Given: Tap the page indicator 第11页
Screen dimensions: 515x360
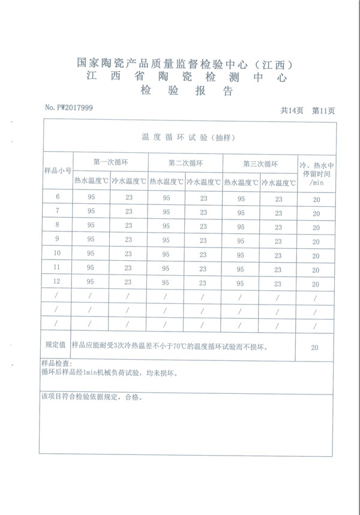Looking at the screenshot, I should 323,110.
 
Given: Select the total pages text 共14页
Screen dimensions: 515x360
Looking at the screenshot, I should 292,110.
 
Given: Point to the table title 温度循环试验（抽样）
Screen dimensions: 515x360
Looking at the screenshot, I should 187,137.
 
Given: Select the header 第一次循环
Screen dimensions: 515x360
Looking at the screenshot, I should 110,162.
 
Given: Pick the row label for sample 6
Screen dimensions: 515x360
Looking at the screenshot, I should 58,197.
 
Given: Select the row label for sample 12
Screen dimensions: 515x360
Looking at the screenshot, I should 58,281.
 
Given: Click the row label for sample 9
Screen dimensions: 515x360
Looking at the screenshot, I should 58,239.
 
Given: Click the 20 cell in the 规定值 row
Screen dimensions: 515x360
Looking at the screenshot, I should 315,347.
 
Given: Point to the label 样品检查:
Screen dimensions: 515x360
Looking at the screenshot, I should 56,364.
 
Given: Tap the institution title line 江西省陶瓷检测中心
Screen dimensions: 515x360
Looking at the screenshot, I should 187,77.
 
